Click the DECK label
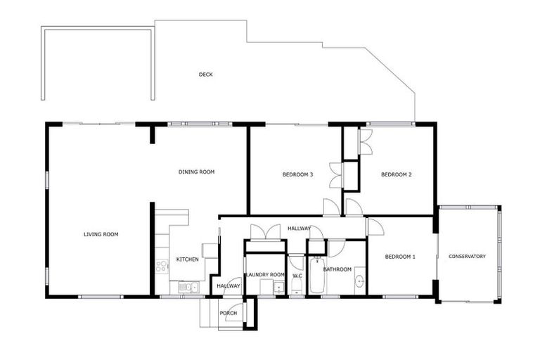click(x=205, y=75)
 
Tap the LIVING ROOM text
click(x=101, y=234)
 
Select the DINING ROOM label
click(x=196, y=172)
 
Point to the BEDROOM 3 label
click(x=297, y=174)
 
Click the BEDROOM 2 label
click(x=396, y=174)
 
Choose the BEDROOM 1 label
click(x=400, y=257)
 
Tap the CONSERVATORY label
click(x=467, y=257)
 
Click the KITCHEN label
click(x=187, y=259)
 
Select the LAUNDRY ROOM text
click(x=265, y=274)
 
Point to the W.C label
click(x=297, y=275)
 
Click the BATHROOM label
click(x=337, y=269)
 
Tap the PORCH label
click(x=228, y=313)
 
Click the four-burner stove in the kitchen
click(x=162, y=266)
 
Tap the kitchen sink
click(x=186, y=287)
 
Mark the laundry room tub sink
click(x=278, y=287)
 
